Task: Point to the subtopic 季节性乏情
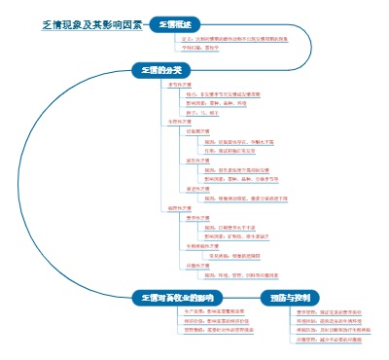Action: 180,86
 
